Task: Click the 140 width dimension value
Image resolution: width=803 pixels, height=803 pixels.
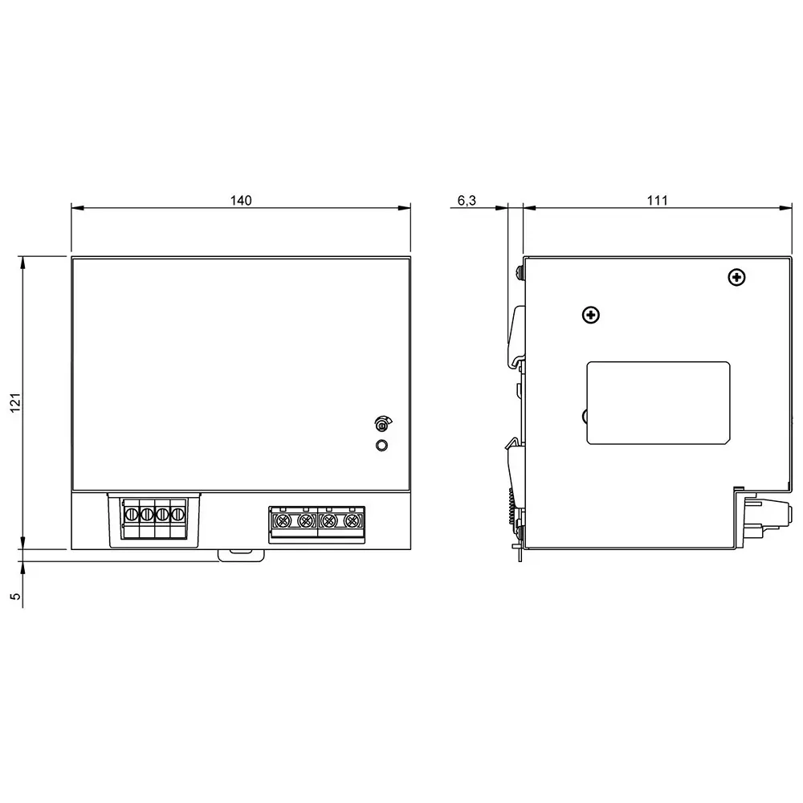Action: tap(241, 201)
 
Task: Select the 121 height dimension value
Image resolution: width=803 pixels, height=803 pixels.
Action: tap(14, 401)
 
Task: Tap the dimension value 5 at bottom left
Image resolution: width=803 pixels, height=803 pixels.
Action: tap(14, 597)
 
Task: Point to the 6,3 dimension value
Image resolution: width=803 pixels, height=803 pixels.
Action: tap(467, 201)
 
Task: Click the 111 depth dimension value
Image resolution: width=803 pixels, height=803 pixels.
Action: tap(658, 201)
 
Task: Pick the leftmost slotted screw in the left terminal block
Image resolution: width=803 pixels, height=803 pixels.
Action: tap(131, 513)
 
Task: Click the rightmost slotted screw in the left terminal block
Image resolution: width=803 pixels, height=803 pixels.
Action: tap(178, 513)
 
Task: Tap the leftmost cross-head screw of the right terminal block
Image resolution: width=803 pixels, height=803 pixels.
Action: tap(282, 522)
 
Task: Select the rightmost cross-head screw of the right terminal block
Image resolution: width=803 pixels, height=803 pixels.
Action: tap(350, 522)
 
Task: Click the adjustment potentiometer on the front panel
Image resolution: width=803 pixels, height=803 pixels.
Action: tap(381, 423)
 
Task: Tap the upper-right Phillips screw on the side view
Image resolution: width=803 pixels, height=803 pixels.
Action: tap(736, 278)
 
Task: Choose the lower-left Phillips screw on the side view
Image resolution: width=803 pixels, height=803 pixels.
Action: tap(591, 315)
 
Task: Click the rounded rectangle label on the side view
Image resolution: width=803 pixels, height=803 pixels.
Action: tap(658, 403)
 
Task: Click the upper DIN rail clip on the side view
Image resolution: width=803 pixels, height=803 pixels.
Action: tap(517, 329)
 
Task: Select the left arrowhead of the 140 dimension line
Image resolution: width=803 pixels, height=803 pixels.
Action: tap(75, 208)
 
